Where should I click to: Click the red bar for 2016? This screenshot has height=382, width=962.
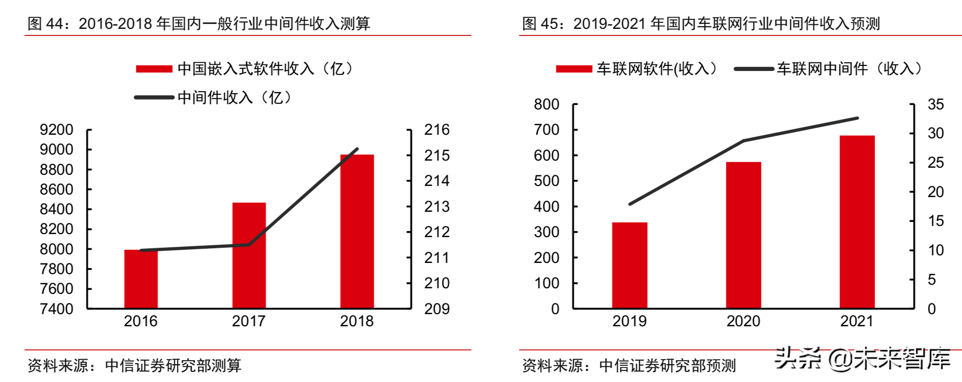point(141,279)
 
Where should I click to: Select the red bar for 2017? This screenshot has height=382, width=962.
point(249,256)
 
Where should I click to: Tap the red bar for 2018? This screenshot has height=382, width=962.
point(357,232)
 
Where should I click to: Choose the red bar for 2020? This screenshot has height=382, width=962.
point(743,235)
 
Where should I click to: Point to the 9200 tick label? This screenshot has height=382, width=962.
point(56,130)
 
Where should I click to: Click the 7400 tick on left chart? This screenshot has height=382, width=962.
point(56,309)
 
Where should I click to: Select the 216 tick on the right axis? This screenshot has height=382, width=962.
point(437,130)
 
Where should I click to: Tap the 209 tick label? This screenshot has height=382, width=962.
point(437,309)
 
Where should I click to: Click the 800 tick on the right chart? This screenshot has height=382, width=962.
point(546,104)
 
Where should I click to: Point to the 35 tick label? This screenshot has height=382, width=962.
point(936,104)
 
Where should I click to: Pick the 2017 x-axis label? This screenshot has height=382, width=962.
point(249,321)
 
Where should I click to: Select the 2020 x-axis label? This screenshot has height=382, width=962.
point(743,321)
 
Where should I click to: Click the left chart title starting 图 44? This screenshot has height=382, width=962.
point(199,23)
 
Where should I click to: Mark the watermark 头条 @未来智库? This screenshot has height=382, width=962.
point(863,359)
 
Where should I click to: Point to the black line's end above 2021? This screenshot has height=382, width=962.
point(857,118)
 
